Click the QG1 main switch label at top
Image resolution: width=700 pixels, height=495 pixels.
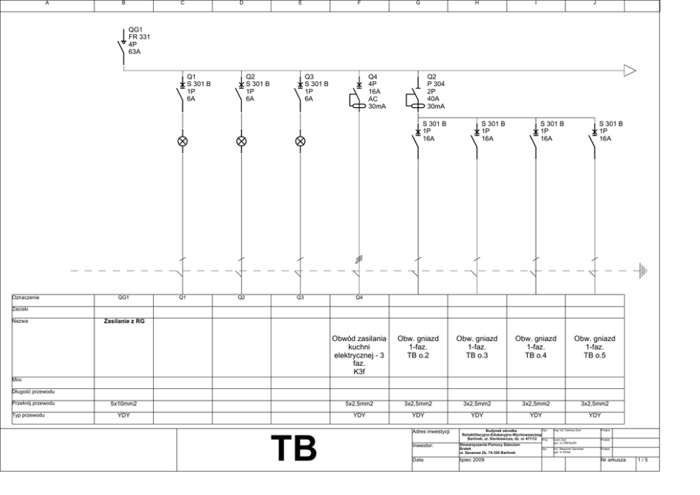tap(137, 40)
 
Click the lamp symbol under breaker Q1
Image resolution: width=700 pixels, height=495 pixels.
tap(182, 141)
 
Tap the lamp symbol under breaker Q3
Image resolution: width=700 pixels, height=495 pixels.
tap(300, 141)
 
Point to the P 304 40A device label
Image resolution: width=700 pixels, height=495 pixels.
tap(436, 92)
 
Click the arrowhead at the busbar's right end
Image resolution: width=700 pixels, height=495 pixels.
tap(629, 70)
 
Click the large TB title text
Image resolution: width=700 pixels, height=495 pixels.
tap(294, 448)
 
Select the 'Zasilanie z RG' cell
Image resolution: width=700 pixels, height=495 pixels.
tap(123, 321)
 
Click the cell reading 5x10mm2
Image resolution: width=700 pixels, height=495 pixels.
tap(123, 403)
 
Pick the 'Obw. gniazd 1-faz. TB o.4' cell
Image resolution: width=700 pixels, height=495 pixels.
tap(536, 347)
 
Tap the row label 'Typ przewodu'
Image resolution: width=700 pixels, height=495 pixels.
tap(28, 417)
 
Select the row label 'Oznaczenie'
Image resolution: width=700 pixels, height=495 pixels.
tap(25, 298)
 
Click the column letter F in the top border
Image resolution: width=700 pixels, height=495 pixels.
tap(359, 4)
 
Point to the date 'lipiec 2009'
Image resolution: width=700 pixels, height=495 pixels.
tap(471, 460)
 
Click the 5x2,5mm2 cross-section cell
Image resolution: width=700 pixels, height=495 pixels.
tap(359, 403)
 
